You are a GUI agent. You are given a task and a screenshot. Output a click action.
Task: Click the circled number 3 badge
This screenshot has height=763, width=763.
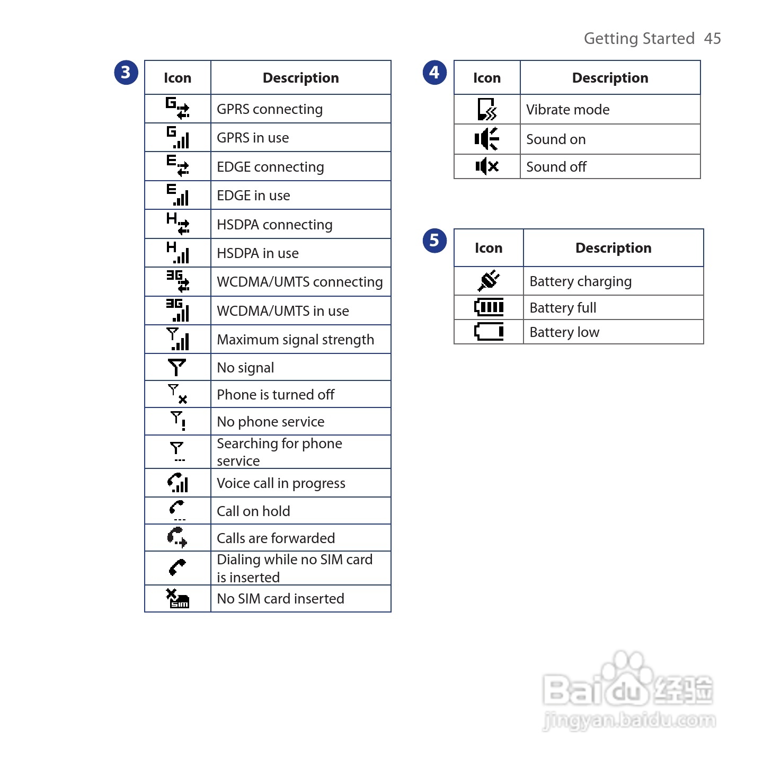126,73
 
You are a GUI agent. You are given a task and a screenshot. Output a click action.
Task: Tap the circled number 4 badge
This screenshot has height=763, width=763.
434,73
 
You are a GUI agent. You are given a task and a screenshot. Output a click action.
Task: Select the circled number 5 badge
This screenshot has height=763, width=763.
434,241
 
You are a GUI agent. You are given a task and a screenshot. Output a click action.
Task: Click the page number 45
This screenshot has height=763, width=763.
712,39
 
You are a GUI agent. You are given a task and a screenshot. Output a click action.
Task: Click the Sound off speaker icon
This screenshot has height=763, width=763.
487,166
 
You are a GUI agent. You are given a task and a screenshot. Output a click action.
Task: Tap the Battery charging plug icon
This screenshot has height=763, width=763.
489,281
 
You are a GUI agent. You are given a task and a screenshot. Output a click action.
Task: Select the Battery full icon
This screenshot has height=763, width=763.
489,307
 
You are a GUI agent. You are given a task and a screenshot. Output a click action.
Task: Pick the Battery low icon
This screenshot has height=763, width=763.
489,332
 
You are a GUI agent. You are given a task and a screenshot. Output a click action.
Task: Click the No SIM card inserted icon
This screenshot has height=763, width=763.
178,599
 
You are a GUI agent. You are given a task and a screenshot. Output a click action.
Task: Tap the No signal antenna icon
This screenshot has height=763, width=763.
177,367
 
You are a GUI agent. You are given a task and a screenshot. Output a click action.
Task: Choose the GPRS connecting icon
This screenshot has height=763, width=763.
178,108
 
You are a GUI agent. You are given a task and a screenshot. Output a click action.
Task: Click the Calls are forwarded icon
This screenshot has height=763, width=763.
178,537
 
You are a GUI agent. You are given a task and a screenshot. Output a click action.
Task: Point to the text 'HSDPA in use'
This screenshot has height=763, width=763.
258,253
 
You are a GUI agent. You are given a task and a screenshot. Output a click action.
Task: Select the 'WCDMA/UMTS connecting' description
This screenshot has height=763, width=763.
299,282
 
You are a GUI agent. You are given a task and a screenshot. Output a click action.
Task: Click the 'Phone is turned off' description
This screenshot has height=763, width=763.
276,395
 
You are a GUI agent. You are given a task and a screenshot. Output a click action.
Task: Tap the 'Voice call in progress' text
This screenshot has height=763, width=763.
281,483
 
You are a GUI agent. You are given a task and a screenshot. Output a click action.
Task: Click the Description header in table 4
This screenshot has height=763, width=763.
610,78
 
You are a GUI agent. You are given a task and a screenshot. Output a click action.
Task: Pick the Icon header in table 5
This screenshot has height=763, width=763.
489,248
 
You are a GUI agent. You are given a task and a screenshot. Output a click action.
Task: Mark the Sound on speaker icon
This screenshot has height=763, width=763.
487,139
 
